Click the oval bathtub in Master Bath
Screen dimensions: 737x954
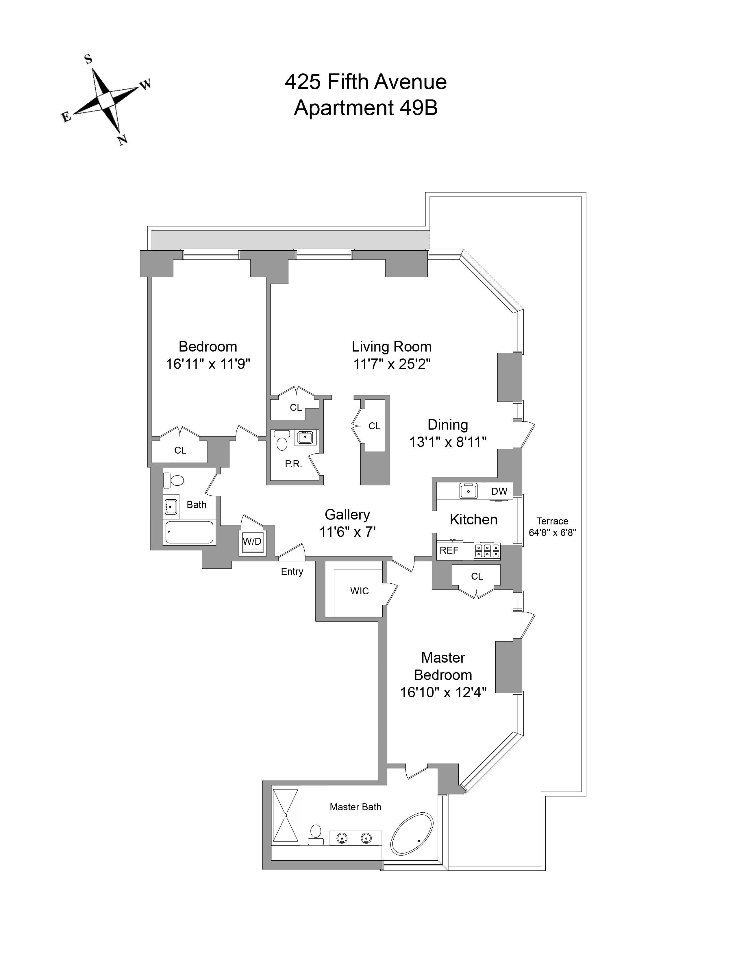pyautogui.click(x=412, y=840)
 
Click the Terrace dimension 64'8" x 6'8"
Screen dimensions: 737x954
pyautogui.click(x=552, y=533)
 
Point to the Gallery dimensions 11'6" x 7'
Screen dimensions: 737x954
pyautogui.click(x=347, y=532)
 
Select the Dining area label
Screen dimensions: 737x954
pyautogui.click(x=447, y=425)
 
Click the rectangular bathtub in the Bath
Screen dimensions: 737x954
pyautogui.click(x=189, y=533)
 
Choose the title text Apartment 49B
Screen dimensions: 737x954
pyautogui.click(x=365, y=108)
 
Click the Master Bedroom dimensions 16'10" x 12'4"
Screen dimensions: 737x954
pyautogui.click(x=443, y=692)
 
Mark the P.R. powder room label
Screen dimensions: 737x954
pyautogui.click(x=293, y=464)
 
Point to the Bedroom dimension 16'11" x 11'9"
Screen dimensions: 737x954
pyautogui.click(x=208, y=364)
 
